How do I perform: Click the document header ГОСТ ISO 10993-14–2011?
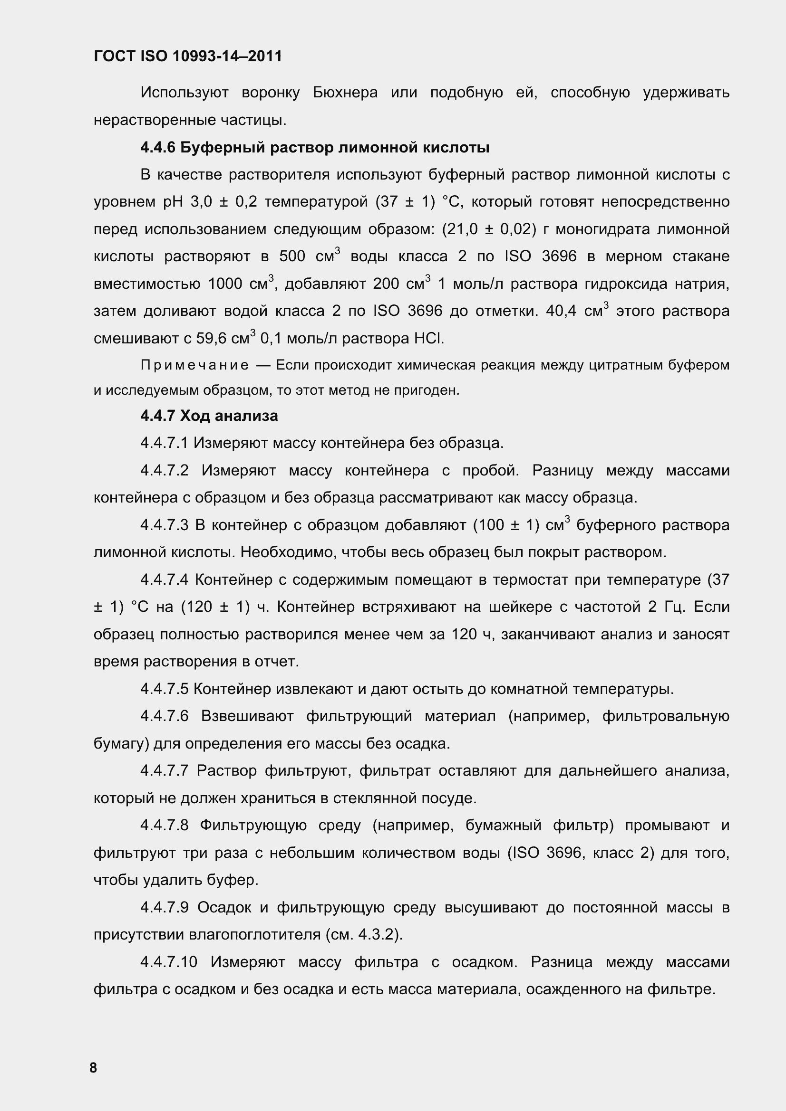tap(187, 57)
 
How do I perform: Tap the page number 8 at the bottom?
tap(93, 1067)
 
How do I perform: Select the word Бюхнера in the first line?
tap(345, 93)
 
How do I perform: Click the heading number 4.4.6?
tap(157, 147)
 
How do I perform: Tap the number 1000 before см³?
tap(225, 284)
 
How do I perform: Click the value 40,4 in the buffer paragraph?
tap(561, 311)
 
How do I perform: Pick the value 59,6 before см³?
tap(211, 338)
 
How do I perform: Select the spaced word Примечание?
tap(194, 365)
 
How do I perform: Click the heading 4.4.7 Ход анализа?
tap(209, 416)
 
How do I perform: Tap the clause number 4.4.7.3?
tap(164, 525)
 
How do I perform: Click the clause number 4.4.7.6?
tap(164, 716)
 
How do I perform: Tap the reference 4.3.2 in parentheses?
tap(376, 934)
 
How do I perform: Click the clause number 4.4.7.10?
tap(168, 962)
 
